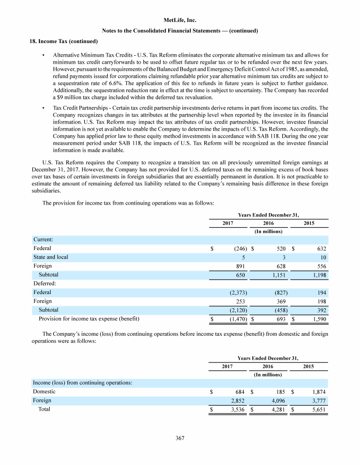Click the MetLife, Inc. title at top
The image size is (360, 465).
(180, 20)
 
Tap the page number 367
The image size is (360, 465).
(180, 438)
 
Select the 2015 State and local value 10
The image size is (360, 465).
(322, 257)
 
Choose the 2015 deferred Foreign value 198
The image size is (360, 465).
(321, 301)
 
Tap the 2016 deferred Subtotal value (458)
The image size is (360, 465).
(278, 310)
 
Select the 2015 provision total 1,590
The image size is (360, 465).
(318, 319)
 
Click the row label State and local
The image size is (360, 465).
(50, 257)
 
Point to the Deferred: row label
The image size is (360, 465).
(45, 283)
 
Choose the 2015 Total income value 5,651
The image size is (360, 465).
(318, 409)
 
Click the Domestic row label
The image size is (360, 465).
(44, 391)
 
